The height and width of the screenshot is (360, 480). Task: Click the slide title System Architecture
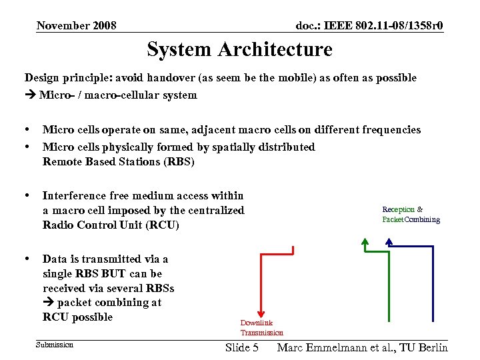pyautogui.click(x=239, y=49)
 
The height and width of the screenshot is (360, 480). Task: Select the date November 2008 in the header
pyautogui.click(x=77, y=26)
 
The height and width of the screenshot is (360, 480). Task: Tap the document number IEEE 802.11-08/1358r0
pyautogui.click(x=369, y=26)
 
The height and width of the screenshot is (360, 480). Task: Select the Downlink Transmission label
pyautogui.click(x=261, y=327)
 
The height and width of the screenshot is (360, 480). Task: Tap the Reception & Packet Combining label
pyautogui.click(x=411, y=215)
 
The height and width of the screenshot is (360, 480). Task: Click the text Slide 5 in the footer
pyautogui.click(x=242, y=347)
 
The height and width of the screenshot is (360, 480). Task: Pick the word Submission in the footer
pyautogui.click(x=55, y=345)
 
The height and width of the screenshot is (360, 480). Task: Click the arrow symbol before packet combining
pyautogui.click(x=48, y=303)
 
